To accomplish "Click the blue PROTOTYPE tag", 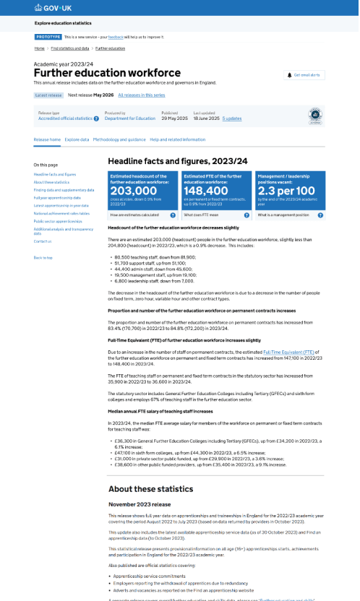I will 48,36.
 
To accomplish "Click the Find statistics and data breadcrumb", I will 70,48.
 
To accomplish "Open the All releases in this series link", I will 141,95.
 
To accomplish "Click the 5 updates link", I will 232,118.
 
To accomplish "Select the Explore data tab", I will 77,139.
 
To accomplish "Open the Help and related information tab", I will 177,139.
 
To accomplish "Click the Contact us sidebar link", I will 43,241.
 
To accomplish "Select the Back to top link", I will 43,257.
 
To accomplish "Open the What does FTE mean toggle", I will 215,215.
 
